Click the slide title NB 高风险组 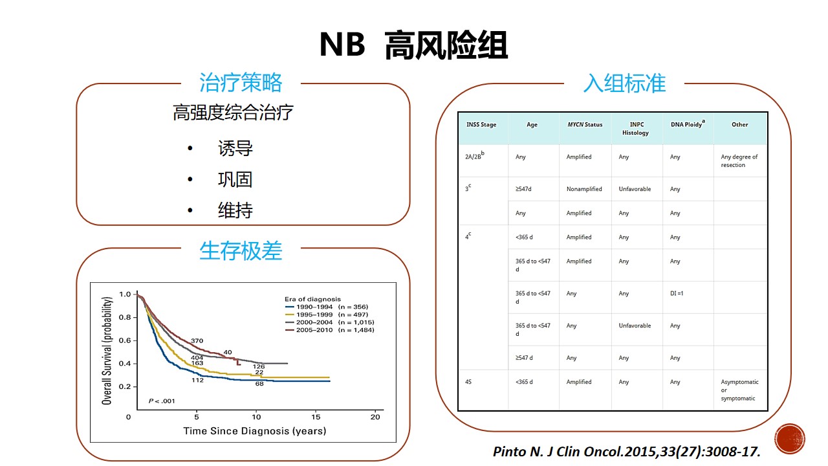tap(413, 45)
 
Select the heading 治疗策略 tap(241, 82)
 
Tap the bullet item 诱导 tap(235, 148)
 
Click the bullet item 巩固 tap(235, 180)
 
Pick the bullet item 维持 tap(235, 210)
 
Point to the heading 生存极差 tap(241, 250)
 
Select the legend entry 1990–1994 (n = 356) tap(327, 307)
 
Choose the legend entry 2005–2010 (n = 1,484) tap(330, 330)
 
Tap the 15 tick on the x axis tap(315, 417)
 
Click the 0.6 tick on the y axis tap(125, 340)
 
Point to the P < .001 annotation tap(162, 401)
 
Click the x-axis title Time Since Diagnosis tap(255, 431)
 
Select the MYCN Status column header tap(585, 125)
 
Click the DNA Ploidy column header tap(688, 124)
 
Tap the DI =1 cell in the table tap(677, 293)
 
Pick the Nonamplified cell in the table tap(584, 189)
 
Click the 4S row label tap(468, 382)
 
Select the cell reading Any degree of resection tap(739, 161)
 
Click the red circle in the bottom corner tap(790, 439)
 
